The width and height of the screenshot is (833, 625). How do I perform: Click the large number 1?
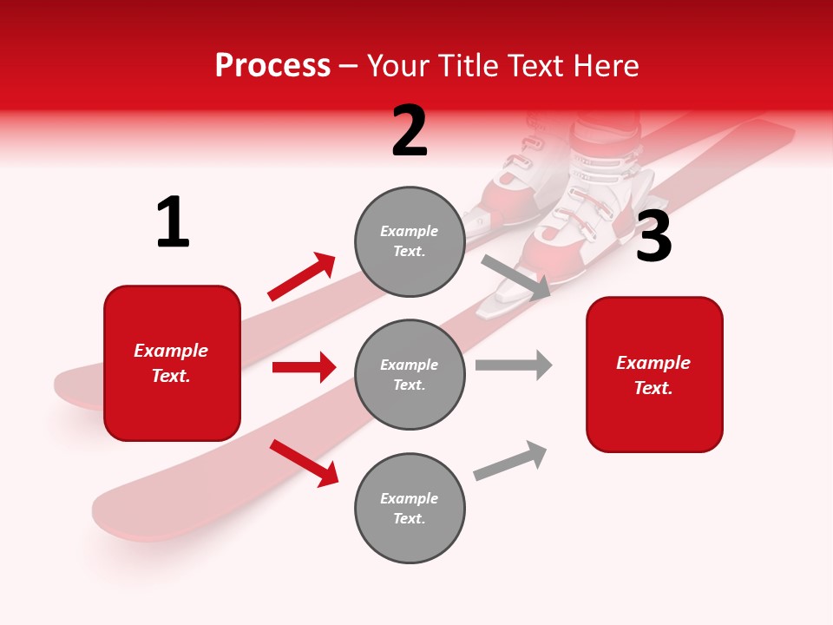pyautogui.click(x=173, y=222)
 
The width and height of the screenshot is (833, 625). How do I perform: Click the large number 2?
pyautogui.click(x=410, y=131)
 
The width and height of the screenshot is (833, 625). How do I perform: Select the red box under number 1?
pyautogui.click(x=172, y=363)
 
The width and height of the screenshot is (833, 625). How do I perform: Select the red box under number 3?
pyautogui.click(x=654, y=374)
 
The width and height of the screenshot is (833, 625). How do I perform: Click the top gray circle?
pyautogui.click(x=410, y=241)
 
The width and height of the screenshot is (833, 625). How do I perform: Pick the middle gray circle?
pyautogui.click(x=410, y=374)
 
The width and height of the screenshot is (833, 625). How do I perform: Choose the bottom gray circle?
pyautogui.click(x=410, y=508)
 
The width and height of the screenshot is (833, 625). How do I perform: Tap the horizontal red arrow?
pyautogui.click(x=304, y=367)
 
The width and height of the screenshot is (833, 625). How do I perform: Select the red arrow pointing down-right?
pyautogui.click(x=304, y=463)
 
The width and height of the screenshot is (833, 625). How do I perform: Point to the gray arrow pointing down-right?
pyautogui.click(x=516, y=277)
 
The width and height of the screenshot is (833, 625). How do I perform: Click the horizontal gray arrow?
pyautogui.click(x=514, y=365)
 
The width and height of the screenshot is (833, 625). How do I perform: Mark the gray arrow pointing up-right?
pyautogui.click(x=510, y=460)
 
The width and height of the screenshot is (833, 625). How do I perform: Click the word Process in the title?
pyautogui.click(x=272, y=65)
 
